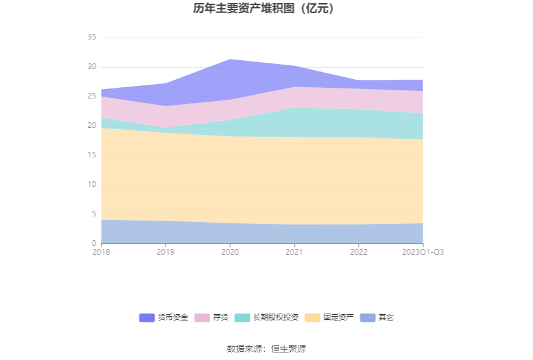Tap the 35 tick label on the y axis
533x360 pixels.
[92, 38]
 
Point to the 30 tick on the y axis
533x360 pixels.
[92, 67]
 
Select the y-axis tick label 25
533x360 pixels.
[92, 97]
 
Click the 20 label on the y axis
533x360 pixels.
[92, 126]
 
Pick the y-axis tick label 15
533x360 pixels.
[92, 156]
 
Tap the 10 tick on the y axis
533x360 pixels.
[92, 185]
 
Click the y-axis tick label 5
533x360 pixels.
[94, 214]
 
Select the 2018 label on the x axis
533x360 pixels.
[101, 251]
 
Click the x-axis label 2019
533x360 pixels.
[166, 251]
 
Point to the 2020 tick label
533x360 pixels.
[230, 251]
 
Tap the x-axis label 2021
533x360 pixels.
[294, 251]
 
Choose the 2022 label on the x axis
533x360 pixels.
[359, 251]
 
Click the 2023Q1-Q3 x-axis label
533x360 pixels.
[423, 251]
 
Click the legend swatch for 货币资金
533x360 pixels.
[147, 318]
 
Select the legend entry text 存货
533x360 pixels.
[220, 318]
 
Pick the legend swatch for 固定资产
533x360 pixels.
[312, 318]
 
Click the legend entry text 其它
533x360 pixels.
[386, 318]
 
